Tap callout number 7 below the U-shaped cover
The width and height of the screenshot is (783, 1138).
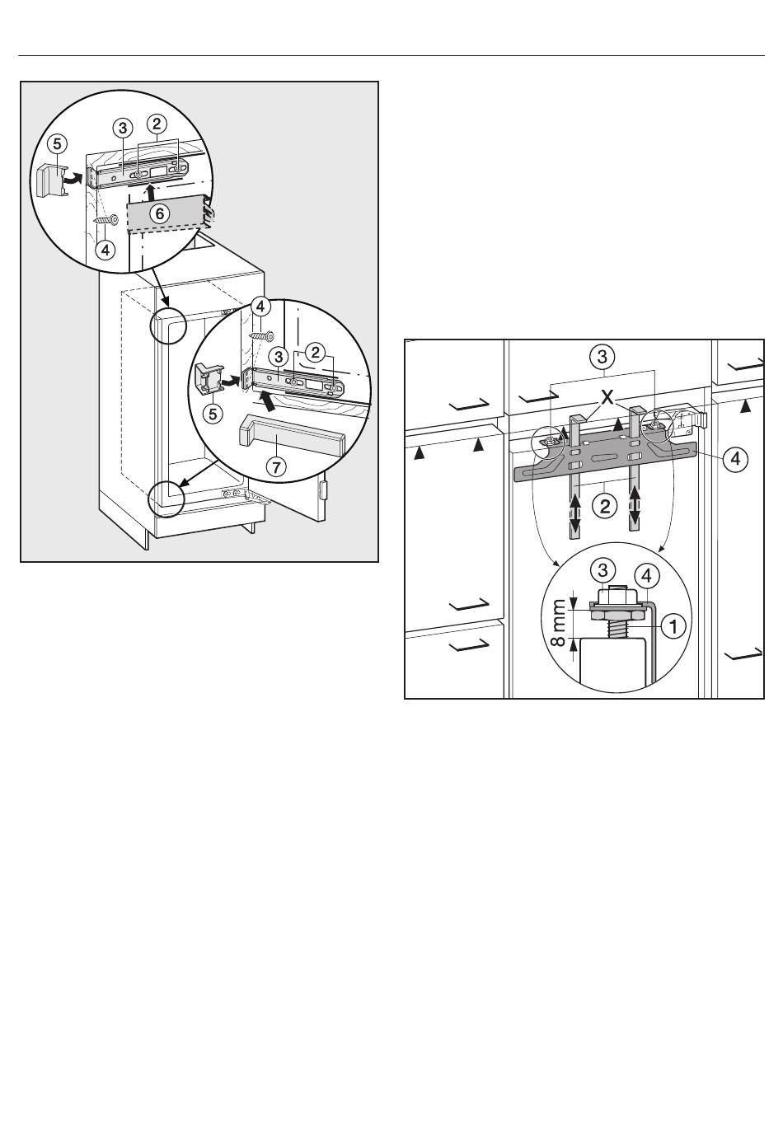pyautogui.click(x=276, y=466)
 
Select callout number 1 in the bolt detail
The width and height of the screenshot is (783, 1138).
pyautogui.click(x=673, y=626)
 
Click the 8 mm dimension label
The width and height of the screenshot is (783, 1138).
pyautogui.click(x=558, y=622)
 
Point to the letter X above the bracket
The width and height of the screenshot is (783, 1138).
pyautogui.click(x=607, y=397)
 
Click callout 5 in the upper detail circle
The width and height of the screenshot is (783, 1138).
pyautogui.click(x=57, y=143)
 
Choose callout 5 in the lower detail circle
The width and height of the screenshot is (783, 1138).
pyautogui.click(x=213, y=414)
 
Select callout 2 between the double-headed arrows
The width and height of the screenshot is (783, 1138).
pyautogui.click(x=605, y=506)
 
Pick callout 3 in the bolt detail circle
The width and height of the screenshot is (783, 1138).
pyautogui.click(x=602, y=570)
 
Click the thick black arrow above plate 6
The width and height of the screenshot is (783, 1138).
pyautogui.click(x=150, y=194)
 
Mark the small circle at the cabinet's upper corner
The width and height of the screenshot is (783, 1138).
pyautogui.click(x=169, y=325)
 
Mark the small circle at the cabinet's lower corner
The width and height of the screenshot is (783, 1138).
pyautogui.click(x=166, y=499)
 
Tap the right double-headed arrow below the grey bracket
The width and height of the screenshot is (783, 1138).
pyautogui.click(x=635, y=505)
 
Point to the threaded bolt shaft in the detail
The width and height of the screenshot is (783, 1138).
pyautogui.click(x=614, y=629)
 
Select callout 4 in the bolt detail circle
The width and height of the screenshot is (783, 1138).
pyautogui.click(x=646, y=576)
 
